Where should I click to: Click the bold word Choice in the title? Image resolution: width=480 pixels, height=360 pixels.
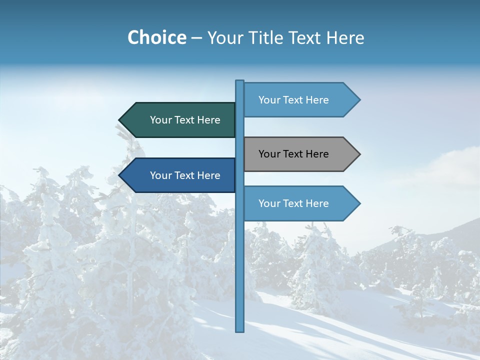156,37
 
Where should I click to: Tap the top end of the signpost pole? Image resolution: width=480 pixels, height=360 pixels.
240,81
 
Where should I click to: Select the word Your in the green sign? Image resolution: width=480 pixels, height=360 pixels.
160,120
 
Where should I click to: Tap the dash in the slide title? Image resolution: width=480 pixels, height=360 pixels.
196,38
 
